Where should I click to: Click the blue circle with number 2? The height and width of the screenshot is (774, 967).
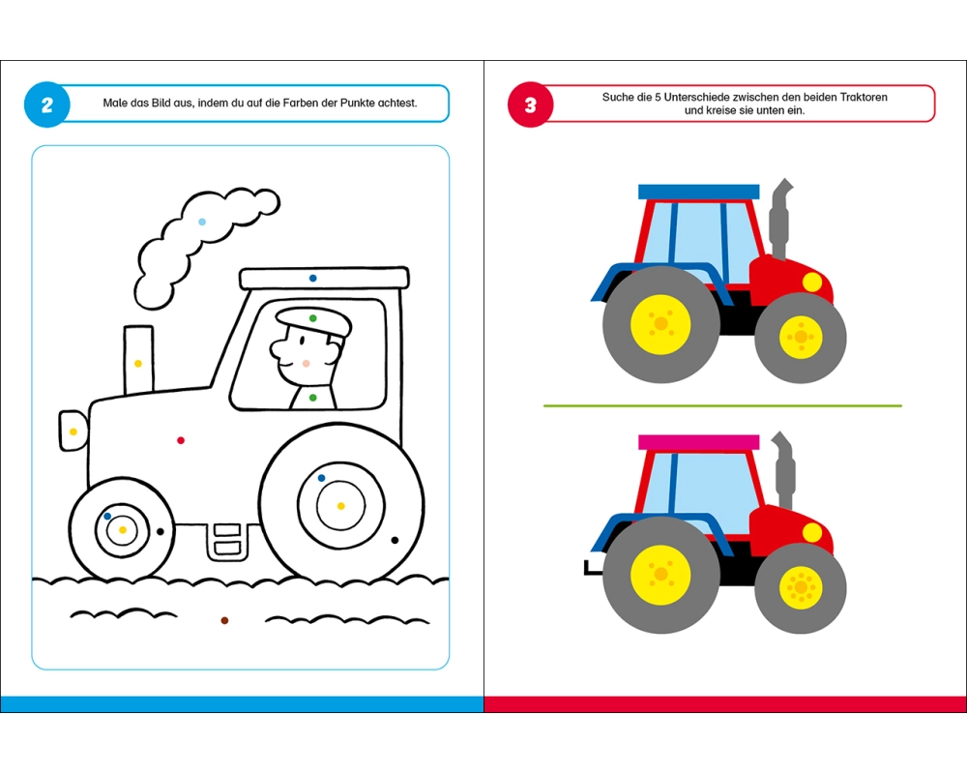(46, 104)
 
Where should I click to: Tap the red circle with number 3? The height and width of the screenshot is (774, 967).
(530, 104)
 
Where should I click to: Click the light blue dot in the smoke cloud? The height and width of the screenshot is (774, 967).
(202, 222)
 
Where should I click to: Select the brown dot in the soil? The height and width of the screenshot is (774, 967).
(224, 620)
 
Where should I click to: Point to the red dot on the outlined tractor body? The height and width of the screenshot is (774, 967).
(181, 440)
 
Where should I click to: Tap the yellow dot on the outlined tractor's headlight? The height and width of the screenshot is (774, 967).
(73, 432)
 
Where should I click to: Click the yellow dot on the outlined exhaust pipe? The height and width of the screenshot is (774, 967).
(138, 364)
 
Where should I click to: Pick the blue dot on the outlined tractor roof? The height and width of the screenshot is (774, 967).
(312, 279)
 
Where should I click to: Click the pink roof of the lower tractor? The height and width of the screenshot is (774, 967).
(699, 442)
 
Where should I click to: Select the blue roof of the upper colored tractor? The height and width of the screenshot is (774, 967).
(699, 192)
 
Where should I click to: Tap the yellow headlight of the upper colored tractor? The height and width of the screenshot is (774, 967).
(812, 283)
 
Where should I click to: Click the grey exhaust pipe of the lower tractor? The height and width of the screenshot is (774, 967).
(783, 469)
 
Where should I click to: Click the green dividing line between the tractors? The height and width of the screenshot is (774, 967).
(722, 405)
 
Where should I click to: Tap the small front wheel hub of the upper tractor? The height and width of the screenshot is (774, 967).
(801, 337)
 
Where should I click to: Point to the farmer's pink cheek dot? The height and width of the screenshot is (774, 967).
(306, 364)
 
